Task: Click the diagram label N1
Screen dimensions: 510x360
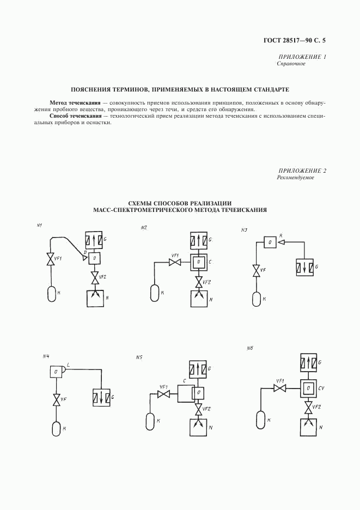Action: pyautogui.click(x=40, y=226)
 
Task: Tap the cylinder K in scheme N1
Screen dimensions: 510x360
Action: pyautogui.click(x=53, y=294)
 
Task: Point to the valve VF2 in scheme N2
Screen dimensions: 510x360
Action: pyautogui.click(x=200, y=282)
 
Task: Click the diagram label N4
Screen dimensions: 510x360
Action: pyautogui.click(x=46, y=356)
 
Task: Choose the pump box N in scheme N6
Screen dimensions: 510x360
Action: pyautogui.click(x=309, y=427)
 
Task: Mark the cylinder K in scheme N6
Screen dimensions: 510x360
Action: pyautogui.click(x=260, y=420)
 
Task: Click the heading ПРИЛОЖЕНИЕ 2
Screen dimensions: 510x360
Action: pyautogui.click(x=302, y=171)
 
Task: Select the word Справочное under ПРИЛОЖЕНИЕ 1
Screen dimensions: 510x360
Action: pyautogui.click(x=291, y=64)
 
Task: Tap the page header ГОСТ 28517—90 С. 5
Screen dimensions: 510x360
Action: pyautogui.click(x=293, y=40)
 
